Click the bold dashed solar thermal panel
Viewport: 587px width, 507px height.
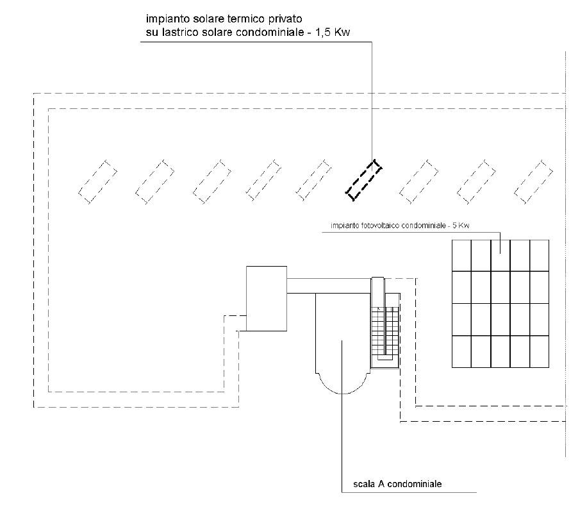(364, 179)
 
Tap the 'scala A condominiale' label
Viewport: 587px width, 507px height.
(397, 484)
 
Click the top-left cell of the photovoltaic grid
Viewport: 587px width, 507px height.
(461, 255)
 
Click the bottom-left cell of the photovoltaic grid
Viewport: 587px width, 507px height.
(461, 351)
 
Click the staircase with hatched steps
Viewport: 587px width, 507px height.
(386, 330)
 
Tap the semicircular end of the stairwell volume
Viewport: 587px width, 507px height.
(343, 383)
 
